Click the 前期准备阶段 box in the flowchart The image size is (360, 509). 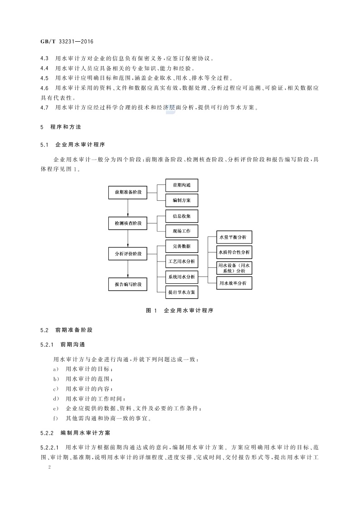[128, 192]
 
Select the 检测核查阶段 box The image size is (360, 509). [128, 223]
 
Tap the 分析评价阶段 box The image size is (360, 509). [128, 254]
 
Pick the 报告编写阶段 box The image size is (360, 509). [128, 284]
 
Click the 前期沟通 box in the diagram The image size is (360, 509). [181, 185]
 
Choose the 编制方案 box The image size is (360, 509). [181, 200]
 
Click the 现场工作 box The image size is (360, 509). [181, 231]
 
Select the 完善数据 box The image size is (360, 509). [181, 246]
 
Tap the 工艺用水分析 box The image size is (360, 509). [181, 262]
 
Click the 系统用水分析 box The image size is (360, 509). [181, 276]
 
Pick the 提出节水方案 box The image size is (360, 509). [181, 292]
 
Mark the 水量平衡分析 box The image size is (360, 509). [234, 237]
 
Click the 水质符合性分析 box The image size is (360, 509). [234, 252]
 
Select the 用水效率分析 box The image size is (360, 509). [234, 283]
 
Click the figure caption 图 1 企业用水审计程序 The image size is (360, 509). [180, 310]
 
